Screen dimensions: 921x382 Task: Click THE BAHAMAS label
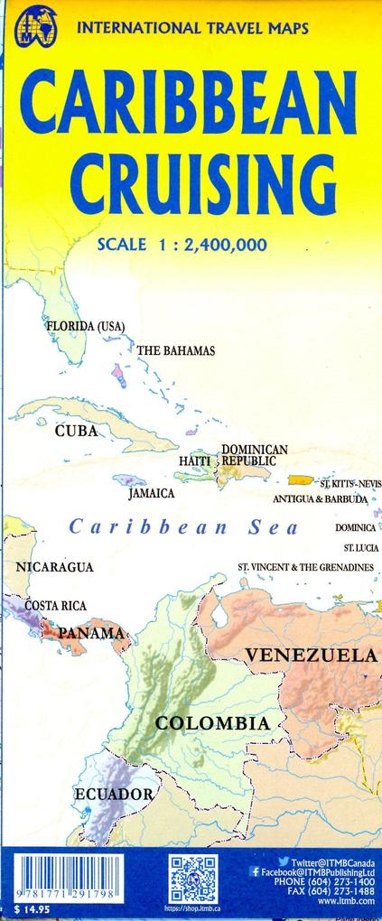pyautogui.click(x=176, y=350)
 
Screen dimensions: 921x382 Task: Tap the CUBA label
pyautogui.click(x=76, y=431)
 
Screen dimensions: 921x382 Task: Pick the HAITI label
pyautogui.click(x=194, y=461)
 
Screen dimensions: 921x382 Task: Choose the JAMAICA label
pyautogui.click(x=151, y=494)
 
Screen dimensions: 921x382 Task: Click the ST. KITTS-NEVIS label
pyautogui.click(x=350, y=484)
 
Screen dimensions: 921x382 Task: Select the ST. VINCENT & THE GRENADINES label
pyautogui.click(x=305, y=567)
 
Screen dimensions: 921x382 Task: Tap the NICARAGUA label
pyautogui.click(x=55, y=567)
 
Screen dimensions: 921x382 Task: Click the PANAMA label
pyautogui.click(x=90, y=634)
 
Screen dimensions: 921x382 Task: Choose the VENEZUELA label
pyautogui.click(x=312, y=654)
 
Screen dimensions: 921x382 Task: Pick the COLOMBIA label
pyautogui.click(x=211, y=723)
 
